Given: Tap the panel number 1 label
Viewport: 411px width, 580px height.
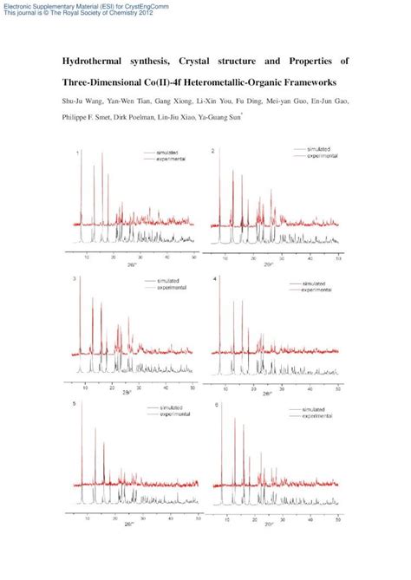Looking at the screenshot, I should [x=79, y=153].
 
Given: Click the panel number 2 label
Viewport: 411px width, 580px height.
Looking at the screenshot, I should [x=213, y=153].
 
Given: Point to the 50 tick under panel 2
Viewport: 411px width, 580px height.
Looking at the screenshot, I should [x=338, y=257].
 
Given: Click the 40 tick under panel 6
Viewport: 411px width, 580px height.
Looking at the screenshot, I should [x=310, y=517].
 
